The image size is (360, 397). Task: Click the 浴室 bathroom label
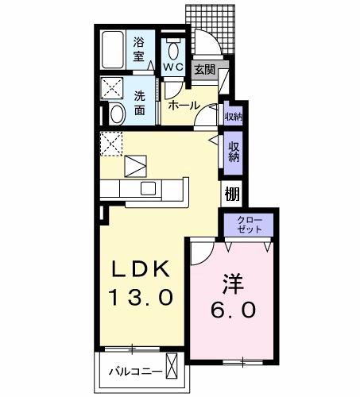click(140, 48)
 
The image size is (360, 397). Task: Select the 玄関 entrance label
click(204, 69)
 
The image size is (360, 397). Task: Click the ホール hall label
click(184, 105)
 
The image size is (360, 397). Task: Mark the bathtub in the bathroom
click(114, 49)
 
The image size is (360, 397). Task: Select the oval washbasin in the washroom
click(116, 114)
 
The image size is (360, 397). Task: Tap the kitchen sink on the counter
click(149, 188)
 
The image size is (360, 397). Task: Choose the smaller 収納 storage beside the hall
click(232, 117)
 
